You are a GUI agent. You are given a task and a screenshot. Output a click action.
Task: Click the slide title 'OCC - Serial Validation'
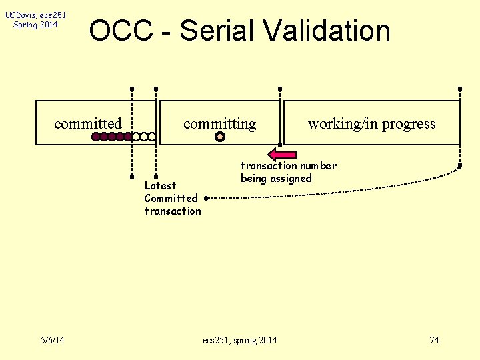[239, 31]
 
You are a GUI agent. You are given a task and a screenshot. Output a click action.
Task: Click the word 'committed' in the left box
[88, 124]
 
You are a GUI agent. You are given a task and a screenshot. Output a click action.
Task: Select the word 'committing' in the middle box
[219, 124]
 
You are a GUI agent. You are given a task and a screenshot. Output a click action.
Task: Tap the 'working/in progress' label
[371, 124]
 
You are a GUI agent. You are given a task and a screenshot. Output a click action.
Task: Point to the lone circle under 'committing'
[220, 137]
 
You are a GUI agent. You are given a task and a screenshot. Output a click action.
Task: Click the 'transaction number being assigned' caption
[288, 172]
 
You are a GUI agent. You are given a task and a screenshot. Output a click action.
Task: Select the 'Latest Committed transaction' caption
[172, 198]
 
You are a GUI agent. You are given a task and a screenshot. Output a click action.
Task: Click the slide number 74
[434, 341]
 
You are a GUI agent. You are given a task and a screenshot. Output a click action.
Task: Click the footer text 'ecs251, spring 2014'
[239, 341]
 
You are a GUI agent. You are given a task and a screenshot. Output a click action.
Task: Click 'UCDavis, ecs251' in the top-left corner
[35, 15]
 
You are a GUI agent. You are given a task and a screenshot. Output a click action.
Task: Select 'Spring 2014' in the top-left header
[35, 25]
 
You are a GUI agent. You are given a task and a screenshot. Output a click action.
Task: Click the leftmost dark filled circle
[96, 137]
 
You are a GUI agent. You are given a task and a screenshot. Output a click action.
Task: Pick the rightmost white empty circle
[152, 137]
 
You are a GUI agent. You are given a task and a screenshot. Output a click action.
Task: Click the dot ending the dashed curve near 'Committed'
[207, 198]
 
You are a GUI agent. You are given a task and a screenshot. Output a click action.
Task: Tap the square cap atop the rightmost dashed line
[460, 89]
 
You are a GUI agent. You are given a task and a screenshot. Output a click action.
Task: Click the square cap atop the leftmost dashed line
[132, 89]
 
